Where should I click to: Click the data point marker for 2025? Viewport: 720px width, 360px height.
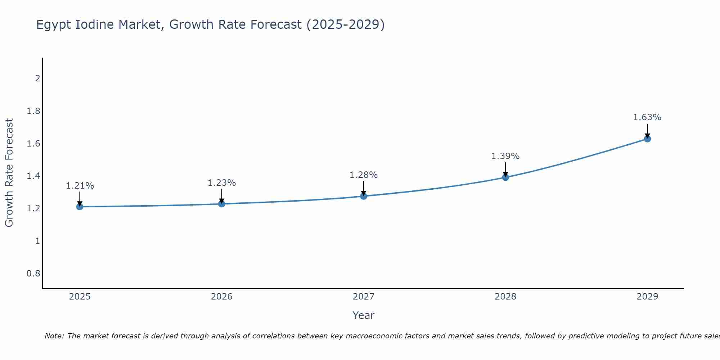(x=80, y=207)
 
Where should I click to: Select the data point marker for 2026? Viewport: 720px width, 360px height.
(x=222, y=204)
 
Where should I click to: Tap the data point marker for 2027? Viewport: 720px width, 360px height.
(x=364, y=196)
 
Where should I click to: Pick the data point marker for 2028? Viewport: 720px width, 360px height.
(x=505, y=177)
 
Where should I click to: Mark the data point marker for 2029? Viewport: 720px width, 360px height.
(x=647, y=139)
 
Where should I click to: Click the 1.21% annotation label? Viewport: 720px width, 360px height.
(x=80, y=186)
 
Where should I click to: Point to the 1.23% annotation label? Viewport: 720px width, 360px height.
(x=222, y=183)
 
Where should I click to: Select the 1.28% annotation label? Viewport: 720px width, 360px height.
(x=364, y=175)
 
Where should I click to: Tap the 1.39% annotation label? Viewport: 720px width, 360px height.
(x=505, y=156)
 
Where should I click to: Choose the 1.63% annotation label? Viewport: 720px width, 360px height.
(x=647, y=117)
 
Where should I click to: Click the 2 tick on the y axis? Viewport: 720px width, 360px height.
(x=37, y=78)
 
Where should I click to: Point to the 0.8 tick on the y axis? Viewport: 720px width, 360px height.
(x=33, y=274)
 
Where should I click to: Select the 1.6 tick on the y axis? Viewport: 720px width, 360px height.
(x=33, y=144)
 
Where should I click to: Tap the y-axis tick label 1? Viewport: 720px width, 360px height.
(x=37, y=241)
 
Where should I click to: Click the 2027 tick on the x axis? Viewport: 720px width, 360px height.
(x=364, y=297)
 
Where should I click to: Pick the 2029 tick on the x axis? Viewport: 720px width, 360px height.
(x=647, y=297)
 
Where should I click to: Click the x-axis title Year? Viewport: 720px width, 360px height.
(x=364, y=315)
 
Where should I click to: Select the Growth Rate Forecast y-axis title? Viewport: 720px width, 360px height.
(x=9, y=173)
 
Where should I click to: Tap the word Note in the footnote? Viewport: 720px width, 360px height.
(x=54, y=336)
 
